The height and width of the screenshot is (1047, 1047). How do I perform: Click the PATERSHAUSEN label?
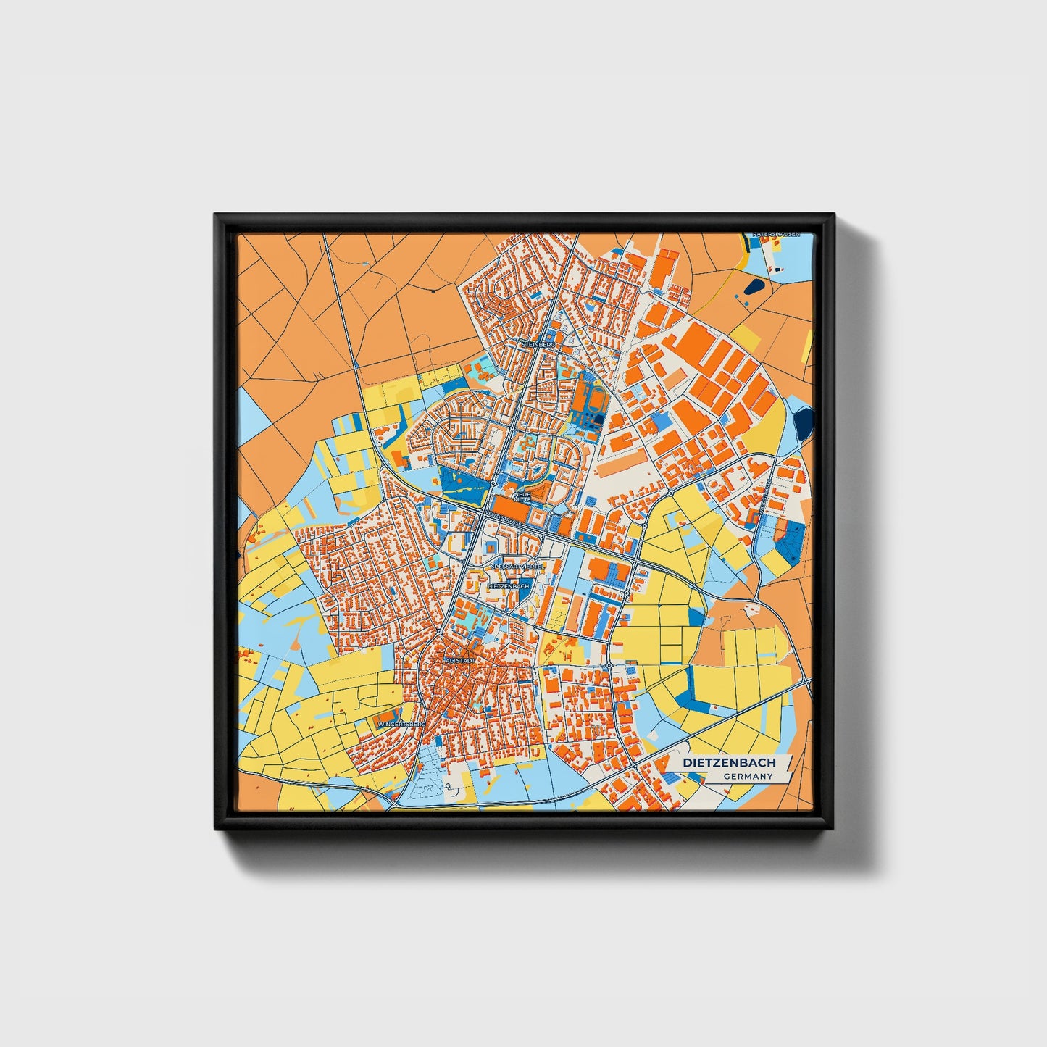click(x=775, y=235)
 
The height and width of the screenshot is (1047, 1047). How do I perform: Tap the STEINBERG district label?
click(x=538, y=346)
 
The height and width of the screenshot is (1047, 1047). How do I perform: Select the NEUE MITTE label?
click(x=522, y=497)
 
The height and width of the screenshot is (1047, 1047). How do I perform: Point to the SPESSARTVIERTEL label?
click(x=517, y=566)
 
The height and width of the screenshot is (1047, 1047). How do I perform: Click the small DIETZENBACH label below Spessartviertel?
click(x=509, y=585)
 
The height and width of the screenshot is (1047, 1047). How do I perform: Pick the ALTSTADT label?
click(x=459, y=662)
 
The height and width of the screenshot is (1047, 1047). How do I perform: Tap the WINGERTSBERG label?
click(x=399, y=723)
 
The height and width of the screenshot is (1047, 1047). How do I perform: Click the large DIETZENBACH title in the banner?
click(x=729, y=762)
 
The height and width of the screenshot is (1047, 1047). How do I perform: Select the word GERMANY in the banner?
click(x=748, y=777)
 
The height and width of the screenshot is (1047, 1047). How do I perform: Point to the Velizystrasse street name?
click(x=504, y=519)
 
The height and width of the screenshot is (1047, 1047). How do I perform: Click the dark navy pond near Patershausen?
click(x=754, y=287)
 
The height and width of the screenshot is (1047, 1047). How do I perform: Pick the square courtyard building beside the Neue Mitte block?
click(x=539, y=517)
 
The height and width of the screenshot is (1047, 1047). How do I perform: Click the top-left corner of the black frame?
click(x=215, y=214)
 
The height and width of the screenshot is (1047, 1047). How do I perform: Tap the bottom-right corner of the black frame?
click(x=833, y=828)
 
